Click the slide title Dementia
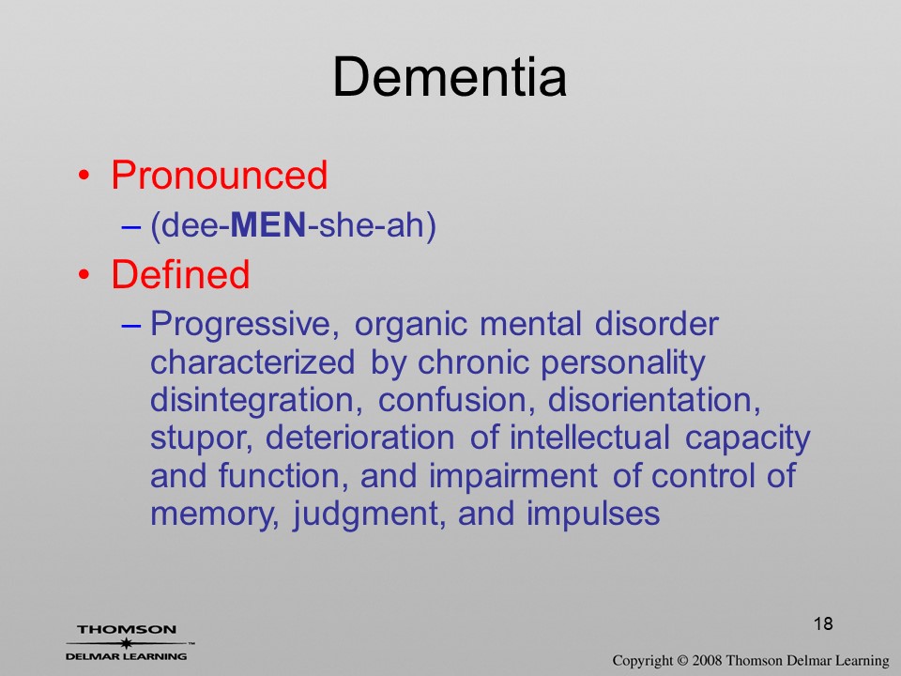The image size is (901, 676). pos(450,77)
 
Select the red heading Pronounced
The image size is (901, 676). pos(219,175)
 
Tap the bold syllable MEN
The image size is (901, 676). pos(267,224)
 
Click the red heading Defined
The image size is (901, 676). pos(180,274)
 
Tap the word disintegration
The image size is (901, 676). pos(256,401)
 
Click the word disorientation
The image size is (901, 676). pos(654,401)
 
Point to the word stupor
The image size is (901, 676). pos(201,439)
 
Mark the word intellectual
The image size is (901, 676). pos(589,438)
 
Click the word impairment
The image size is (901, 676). pos(513,477)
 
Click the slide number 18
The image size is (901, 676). pos(823,623)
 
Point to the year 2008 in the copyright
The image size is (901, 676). pos(707,661)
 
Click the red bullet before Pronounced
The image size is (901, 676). pos(84,176)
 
